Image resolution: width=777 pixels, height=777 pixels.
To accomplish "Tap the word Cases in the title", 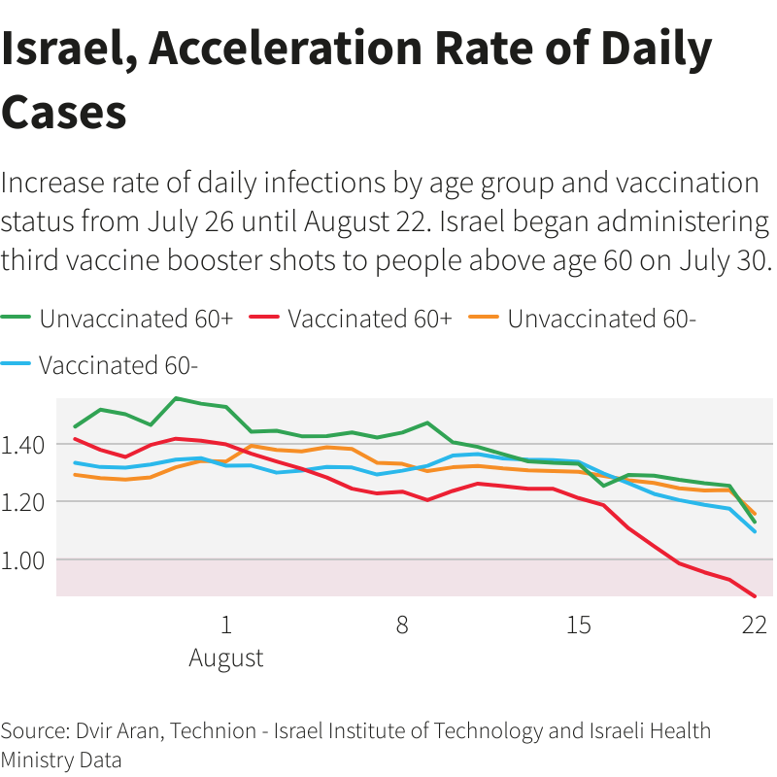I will (x=64, y=112).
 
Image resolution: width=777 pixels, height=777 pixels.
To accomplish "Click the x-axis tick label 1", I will (x=226, y=625).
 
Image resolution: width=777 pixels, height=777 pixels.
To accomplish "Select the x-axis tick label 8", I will (x=402, y=625).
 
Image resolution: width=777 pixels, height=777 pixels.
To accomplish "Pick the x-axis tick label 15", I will (x=579, y=625).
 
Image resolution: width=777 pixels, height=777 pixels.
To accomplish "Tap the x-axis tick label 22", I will (x=755, y=625).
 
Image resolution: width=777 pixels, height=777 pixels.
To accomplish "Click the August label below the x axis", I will (x=226, y=658).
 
